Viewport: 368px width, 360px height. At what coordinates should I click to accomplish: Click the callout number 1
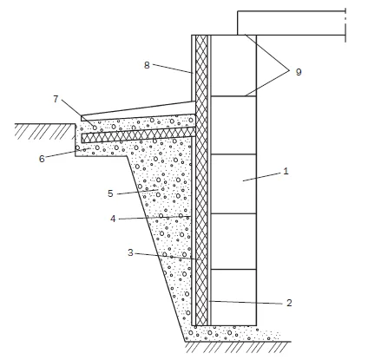286,171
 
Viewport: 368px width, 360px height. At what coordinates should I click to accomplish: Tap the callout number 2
289,303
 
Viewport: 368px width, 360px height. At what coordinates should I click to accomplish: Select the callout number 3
130,252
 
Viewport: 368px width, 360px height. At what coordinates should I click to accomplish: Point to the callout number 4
113,219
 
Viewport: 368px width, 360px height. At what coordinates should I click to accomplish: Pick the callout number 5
110,193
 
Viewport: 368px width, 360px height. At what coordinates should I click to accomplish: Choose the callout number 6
42,159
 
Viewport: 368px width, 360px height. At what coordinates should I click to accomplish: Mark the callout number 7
56,99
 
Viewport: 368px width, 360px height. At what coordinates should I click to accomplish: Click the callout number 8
147,65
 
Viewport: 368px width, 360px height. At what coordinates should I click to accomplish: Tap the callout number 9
299,72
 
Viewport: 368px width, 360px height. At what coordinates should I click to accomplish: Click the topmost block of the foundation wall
233,66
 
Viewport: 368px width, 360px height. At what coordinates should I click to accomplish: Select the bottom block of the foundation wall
233,298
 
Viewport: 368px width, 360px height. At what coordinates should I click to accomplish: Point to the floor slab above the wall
292,23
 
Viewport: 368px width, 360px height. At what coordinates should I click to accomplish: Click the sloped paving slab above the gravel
138,110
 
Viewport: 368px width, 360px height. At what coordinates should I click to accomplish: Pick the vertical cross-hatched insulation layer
201,180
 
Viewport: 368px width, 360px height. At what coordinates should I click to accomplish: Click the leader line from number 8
173,69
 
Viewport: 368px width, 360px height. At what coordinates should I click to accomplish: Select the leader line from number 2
246,303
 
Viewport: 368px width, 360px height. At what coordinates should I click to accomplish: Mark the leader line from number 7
78,114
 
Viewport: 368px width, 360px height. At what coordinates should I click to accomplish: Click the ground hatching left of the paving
45,132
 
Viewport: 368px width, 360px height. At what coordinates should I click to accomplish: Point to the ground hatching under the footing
238,347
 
